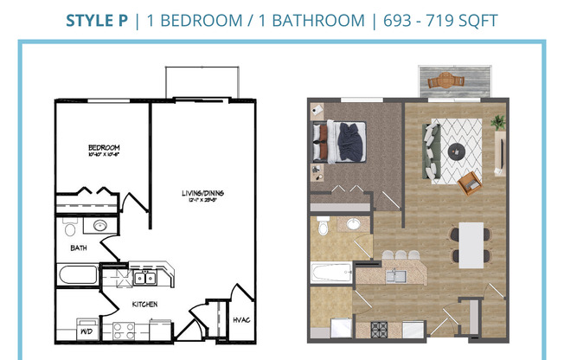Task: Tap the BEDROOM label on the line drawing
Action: click(x=103, y=148)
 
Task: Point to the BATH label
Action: click(x=78, y=248)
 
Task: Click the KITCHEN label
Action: click(x=144, y=304)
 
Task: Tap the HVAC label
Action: click(x=241, y=319)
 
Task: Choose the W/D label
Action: click(x=87, y=331)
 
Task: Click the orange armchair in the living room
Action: click(x=470, y=183)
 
